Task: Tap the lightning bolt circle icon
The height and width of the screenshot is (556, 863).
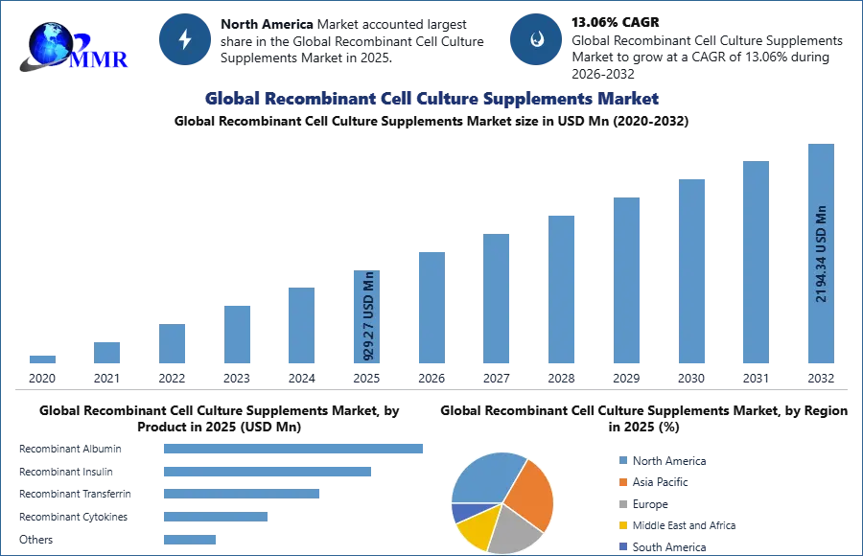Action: (x=185, y=39)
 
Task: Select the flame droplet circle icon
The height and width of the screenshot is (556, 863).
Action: (x=535, y=39)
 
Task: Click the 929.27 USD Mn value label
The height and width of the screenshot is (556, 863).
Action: (x=368, y=316)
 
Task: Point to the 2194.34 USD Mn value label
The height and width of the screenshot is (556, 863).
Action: (x=821, y=254)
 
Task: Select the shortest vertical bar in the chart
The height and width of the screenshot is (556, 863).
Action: (x=41, y=359)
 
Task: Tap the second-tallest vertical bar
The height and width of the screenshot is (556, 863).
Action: (x=755, y=264)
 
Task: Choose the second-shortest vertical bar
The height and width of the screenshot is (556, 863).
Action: (x=107, y=352)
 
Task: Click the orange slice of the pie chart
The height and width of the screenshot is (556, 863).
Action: (x=530, y=491)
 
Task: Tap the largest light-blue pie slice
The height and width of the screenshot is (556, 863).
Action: (x=484, y=477)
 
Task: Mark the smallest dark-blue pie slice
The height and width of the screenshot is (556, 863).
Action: (x=460, y=512)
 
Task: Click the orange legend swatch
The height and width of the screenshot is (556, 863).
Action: (x=621, y=483)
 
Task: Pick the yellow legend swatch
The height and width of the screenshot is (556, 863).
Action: (x=621, y=525)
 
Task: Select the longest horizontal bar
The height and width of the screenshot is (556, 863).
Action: (x=293, y=448)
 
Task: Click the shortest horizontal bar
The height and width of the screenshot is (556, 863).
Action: (x=191, y=538)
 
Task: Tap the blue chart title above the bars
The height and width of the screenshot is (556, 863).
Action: (x=431, y=99)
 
